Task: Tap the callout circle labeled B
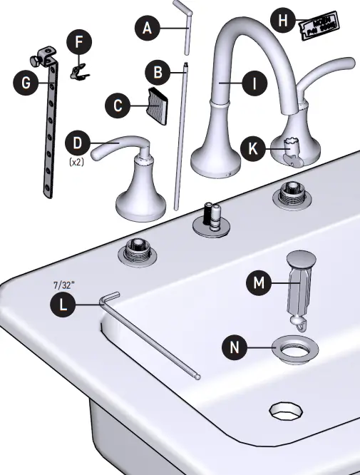(157, 73)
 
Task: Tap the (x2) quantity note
(78, 163)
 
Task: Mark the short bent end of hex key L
(110, 299)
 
